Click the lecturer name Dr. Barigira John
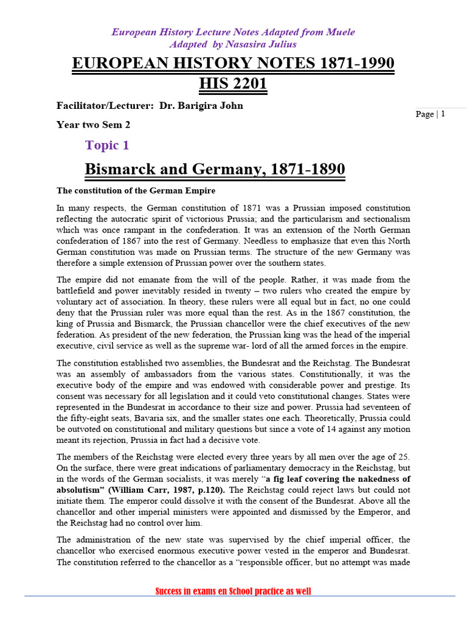pos(201,105)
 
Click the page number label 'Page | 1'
pos(431,114)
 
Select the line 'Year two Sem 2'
pos(93,125)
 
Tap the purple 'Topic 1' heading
pos(107,145)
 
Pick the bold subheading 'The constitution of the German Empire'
pos(136,190)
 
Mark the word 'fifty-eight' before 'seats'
pos(91,419)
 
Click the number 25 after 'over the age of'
pos(404,456)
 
